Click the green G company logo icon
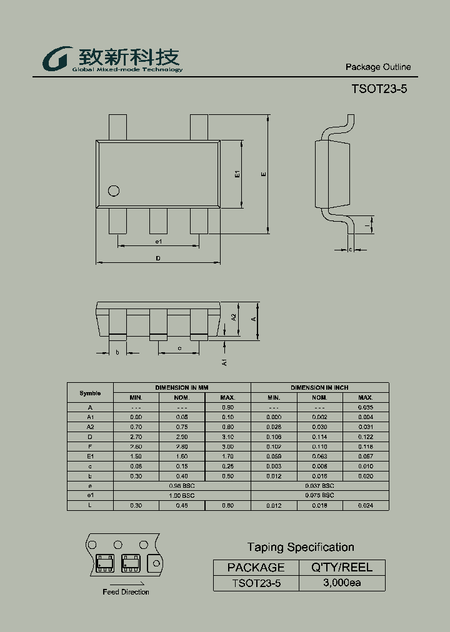pyautogui.click(x=57, y=59)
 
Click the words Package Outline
pyautogui.click(x=378, y=67)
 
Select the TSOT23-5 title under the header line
pyautogui.click(x=379, y=89)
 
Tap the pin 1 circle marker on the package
pyautogui.click(x=114, y=191)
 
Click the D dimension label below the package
pyautogui.click(x=158, y=258)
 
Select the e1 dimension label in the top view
pyautogui.click(x=158, y=241)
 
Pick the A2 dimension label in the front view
pyautogui.click(x=234, y=317)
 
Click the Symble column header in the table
pyautogui.click(x=90, y=393)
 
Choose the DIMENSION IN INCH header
pyautogui.click(x=319, y=388)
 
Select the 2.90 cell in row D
pyautogui.click(x=182, y=437)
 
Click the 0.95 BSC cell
pyautogui.click(x=182, y=485)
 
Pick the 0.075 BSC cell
pyautogui.click(x=319, y=495)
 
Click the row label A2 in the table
pyautogui.click(x=90, y=427)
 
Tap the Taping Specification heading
pyautogui.click(x=301, y=548)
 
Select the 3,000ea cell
pyautogui.click(x=342, y=583)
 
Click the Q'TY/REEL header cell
pyautogui.click(x=342, y=567)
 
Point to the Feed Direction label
pyautogui.click(x=126, y=591)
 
